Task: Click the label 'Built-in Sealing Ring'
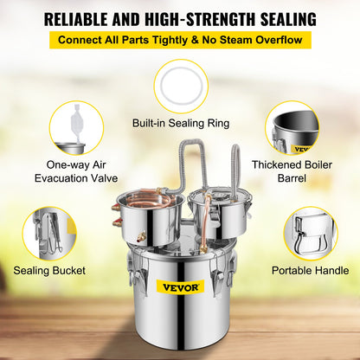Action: pyautogui.click(x=180, y=124)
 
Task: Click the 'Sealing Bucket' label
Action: pyautogui.click(x=50, y=270)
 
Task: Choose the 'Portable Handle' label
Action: pyautogui.click(x=310, y=270)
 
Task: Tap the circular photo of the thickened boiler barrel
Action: pyautogui.click(x=292, y=127)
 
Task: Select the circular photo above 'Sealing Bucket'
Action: pyautogui.click(x=50, y=233)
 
